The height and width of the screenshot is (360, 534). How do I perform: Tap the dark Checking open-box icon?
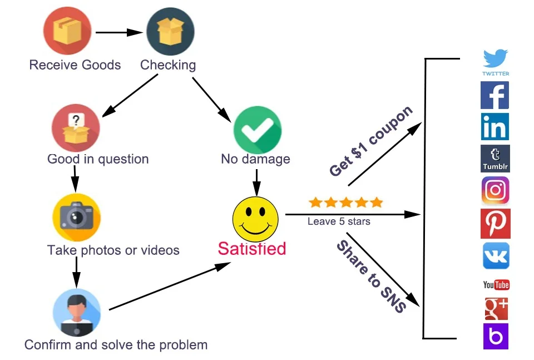tap(170, 31)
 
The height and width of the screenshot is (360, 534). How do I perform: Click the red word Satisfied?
tap(251, 248)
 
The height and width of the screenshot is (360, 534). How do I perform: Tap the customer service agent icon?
tap(76, 312)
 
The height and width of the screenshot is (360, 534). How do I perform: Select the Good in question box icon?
tap(76, 129)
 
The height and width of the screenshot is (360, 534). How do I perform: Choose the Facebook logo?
tap(495, 95)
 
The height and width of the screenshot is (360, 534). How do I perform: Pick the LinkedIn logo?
tap(495, 127)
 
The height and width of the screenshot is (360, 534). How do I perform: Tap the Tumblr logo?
tap(495, 159)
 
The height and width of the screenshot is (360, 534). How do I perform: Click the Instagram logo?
tap(495, 191)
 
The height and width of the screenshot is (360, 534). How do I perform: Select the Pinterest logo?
tap(495, 223)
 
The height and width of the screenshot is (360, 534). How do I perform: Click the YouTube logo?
tap(496, 285)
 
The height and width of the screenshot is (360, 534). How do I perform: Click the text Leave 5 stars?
tap(339, 221)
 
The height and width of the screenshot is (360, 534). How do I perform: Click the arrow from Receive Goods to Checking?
tap(120, 32)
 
